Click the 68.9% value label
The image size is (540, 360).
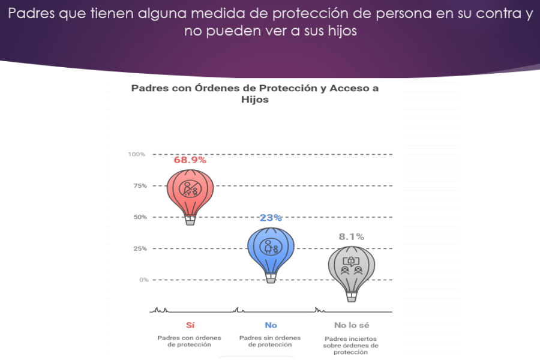pos(190,160)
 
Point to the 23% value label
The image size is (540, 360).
pos(271,217)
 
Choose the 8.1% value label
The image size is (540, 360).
pos(352,236)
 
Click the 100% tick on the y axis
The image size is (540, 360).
pos(137,154)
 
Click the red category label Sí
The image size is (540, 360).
pos(190,325)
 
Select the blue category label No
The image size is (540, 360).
pos(271,325)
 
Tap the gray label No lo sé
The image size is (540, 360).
pos(351,325)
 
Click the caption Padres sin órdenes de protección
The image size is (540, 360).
pos(270,341)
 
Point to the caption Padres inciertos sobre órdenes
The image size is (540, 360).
pos(351,345)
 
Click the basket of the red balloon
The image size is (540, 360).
pos(190,220)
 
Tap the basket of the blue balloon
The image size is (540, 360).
pos(271,277)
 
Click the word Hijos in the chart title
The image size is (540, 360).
pos(254,100)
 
